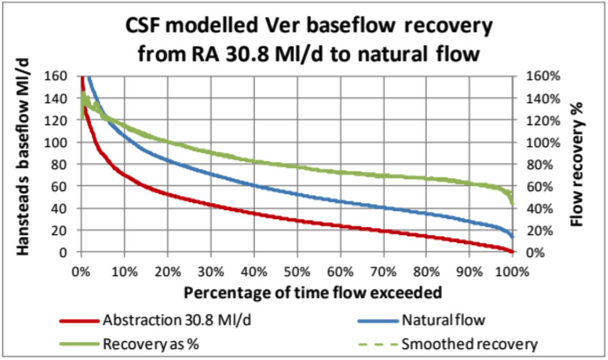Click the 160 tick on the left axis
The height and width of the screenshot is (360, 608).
pyautogui.click(x=58, y=76)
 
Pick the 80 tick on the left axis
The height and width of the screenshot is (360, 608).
pyautogui.click(x=61, y=164)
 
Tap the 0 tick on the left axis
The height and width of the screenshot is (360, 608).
pyautogui.click(x=65, y=252)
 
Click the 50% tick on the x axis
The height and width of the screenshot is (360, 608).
pyautogui.click(x=297, y=272)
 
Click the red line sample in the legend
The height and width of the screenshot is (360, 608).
pyautogui.click(x=79, y=319)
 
